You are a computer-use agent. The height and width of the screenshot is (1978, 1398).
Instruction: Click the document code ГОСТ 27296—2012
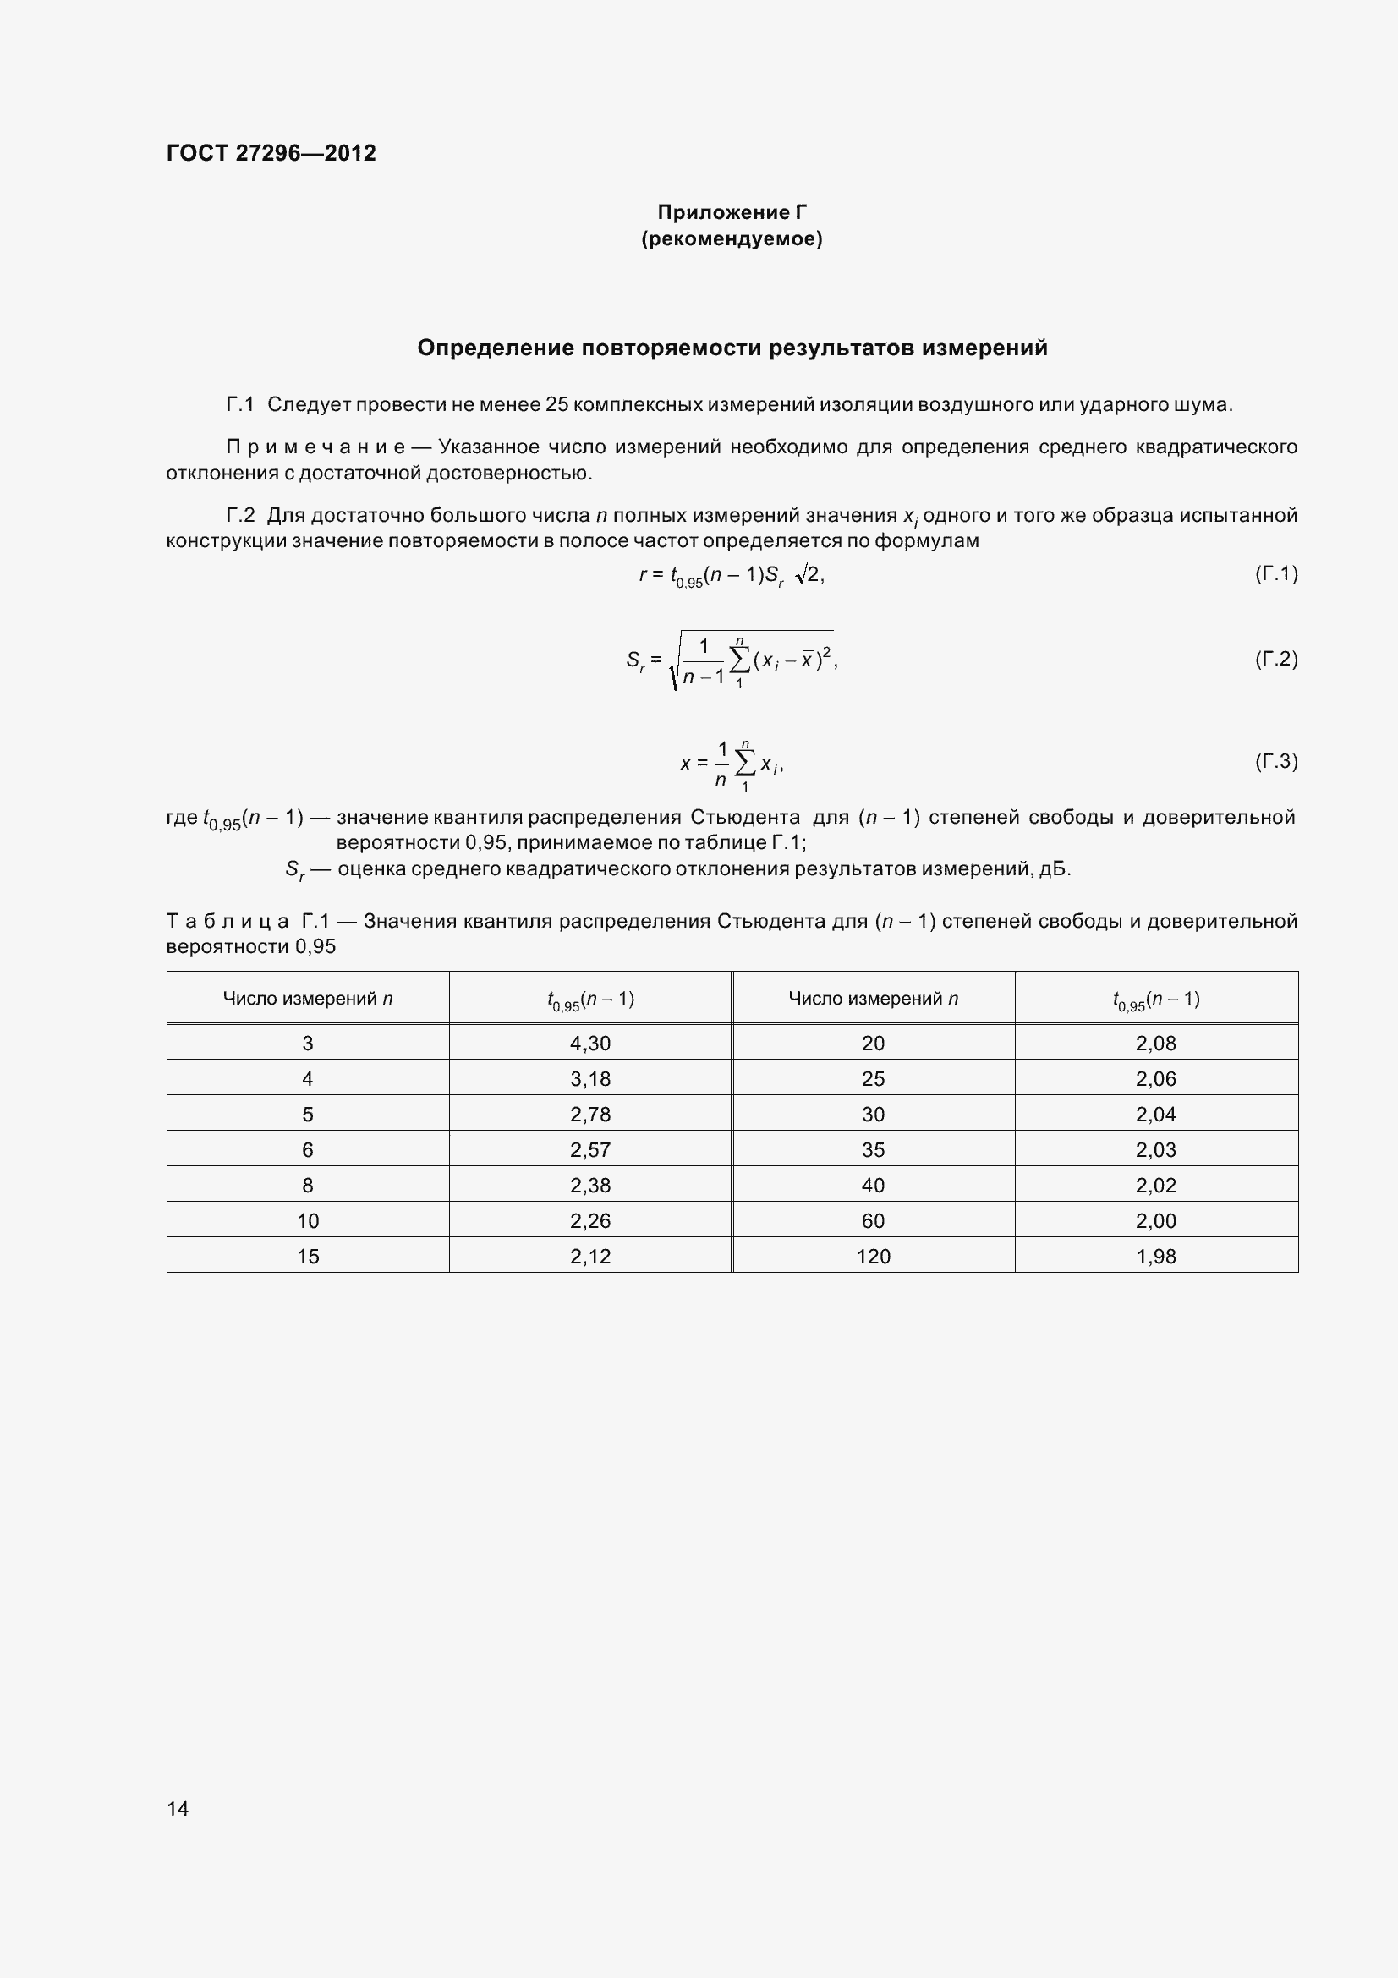coord(271,153)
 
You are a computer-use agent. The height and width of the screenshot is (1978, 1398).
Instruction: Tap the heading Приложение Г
coord(732,212)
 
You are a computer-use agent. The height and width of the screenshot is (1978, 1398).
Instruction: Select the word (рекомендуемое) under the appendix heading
coord(732,238)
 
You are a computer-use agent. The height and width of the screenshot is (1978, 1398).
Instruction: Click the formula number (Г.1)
coord(1275,573)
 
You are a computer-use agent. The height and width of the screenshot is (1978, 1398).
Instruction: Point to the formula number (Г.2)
coord(1275,659)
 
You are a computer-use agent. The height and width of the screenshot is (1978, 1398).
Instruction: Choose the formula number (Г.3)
coord(1275,761)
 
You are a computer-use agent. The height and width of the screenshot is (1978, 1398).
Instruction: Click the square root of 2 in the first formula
coord(809,574)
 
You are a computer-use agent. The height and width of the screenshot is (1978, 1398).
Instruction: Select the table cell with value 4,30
coord(590,1044)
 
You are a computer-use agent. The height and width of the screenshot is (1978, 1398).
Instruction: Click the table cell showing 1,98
coord(1155,1256)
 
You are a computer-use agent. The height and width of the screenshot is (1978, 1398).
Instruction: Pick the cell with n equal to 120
coord(873,1256)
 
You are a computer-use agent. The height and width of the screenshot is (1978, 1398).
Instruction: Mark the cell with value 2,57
coord(590,1149)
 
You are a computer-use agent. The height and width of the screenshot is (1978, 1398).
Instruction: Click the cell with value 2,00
coord(1155,1221)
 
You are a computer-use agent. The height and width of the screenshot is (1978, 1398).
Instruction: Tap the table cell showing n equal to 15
coord(308,1256)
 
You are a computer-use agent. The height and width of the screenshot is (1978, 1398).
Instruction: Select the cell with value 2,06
coord(1155,1078)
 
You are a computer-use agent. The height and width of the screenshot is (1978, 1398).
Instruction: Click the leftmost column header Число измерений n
coord(308,999)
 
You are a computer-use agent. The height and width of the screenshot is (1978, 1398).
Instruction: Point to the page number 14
coord(178,1808)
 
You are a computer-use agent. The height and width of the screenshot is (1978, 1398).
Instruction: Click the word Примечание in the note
coord(315,447)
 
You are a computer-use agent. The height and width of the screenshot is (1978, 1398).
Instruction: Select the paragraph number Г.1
coord(240,405)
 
